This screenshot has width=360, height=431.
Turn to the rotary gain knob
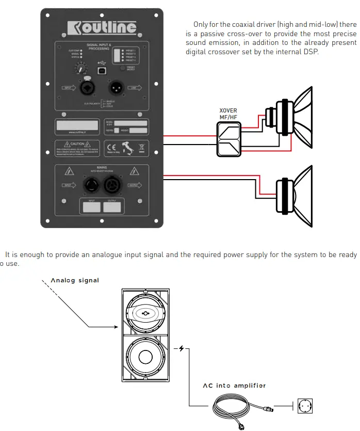tap(80, 67)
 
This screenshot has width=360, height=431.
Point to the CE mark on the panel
tap(111, 147)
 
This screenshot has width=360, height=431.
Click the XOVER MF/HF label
tap(228, 114)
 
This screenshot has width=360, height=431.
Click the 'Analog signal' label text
tap(75, 280)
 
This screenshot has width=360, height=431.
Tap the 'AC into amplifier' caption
tap(235, 386)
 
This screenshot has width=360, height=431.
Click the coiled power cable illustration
tap(238, 407)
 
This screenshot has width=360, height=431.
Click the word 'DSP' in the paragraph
tap(312, 52)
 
